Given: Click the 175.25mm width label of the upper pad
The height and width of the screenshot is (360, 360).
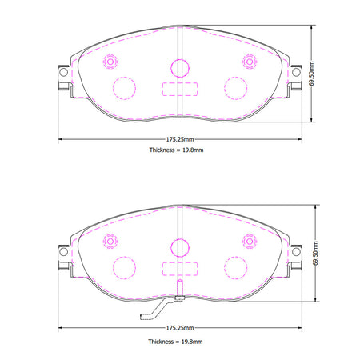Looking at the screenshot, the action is (180, 139).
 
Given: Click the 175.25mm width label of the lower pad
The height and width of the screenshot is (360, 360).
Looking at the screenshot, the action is (180, 328).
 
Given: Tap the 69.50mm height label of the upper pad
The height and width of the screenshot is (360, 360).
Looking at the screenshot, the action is (311, 74).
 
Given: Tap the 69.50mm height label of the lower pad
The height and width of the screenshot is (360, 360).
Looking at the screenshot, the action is (315, 254).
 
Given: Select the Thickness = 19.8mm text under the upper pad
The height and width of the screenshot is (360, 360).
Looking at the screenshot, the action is (176, 150).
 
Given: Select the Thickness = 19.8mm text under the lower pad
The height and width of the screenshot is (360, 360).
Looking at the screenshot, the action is (175, 342).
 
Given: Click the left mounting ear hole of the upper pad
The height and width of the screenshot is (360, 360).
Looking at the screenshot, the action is (63, 72).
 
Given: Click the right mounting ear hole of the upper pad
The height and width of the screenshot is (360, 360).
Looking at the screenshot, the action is (296, 72).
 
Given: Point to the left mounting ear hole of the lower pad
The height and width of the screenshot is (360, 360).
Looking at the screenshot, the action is (63, 251).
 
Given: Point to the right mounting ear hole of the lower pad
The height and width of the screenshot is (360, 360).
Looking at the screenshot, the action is (296, 251).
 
